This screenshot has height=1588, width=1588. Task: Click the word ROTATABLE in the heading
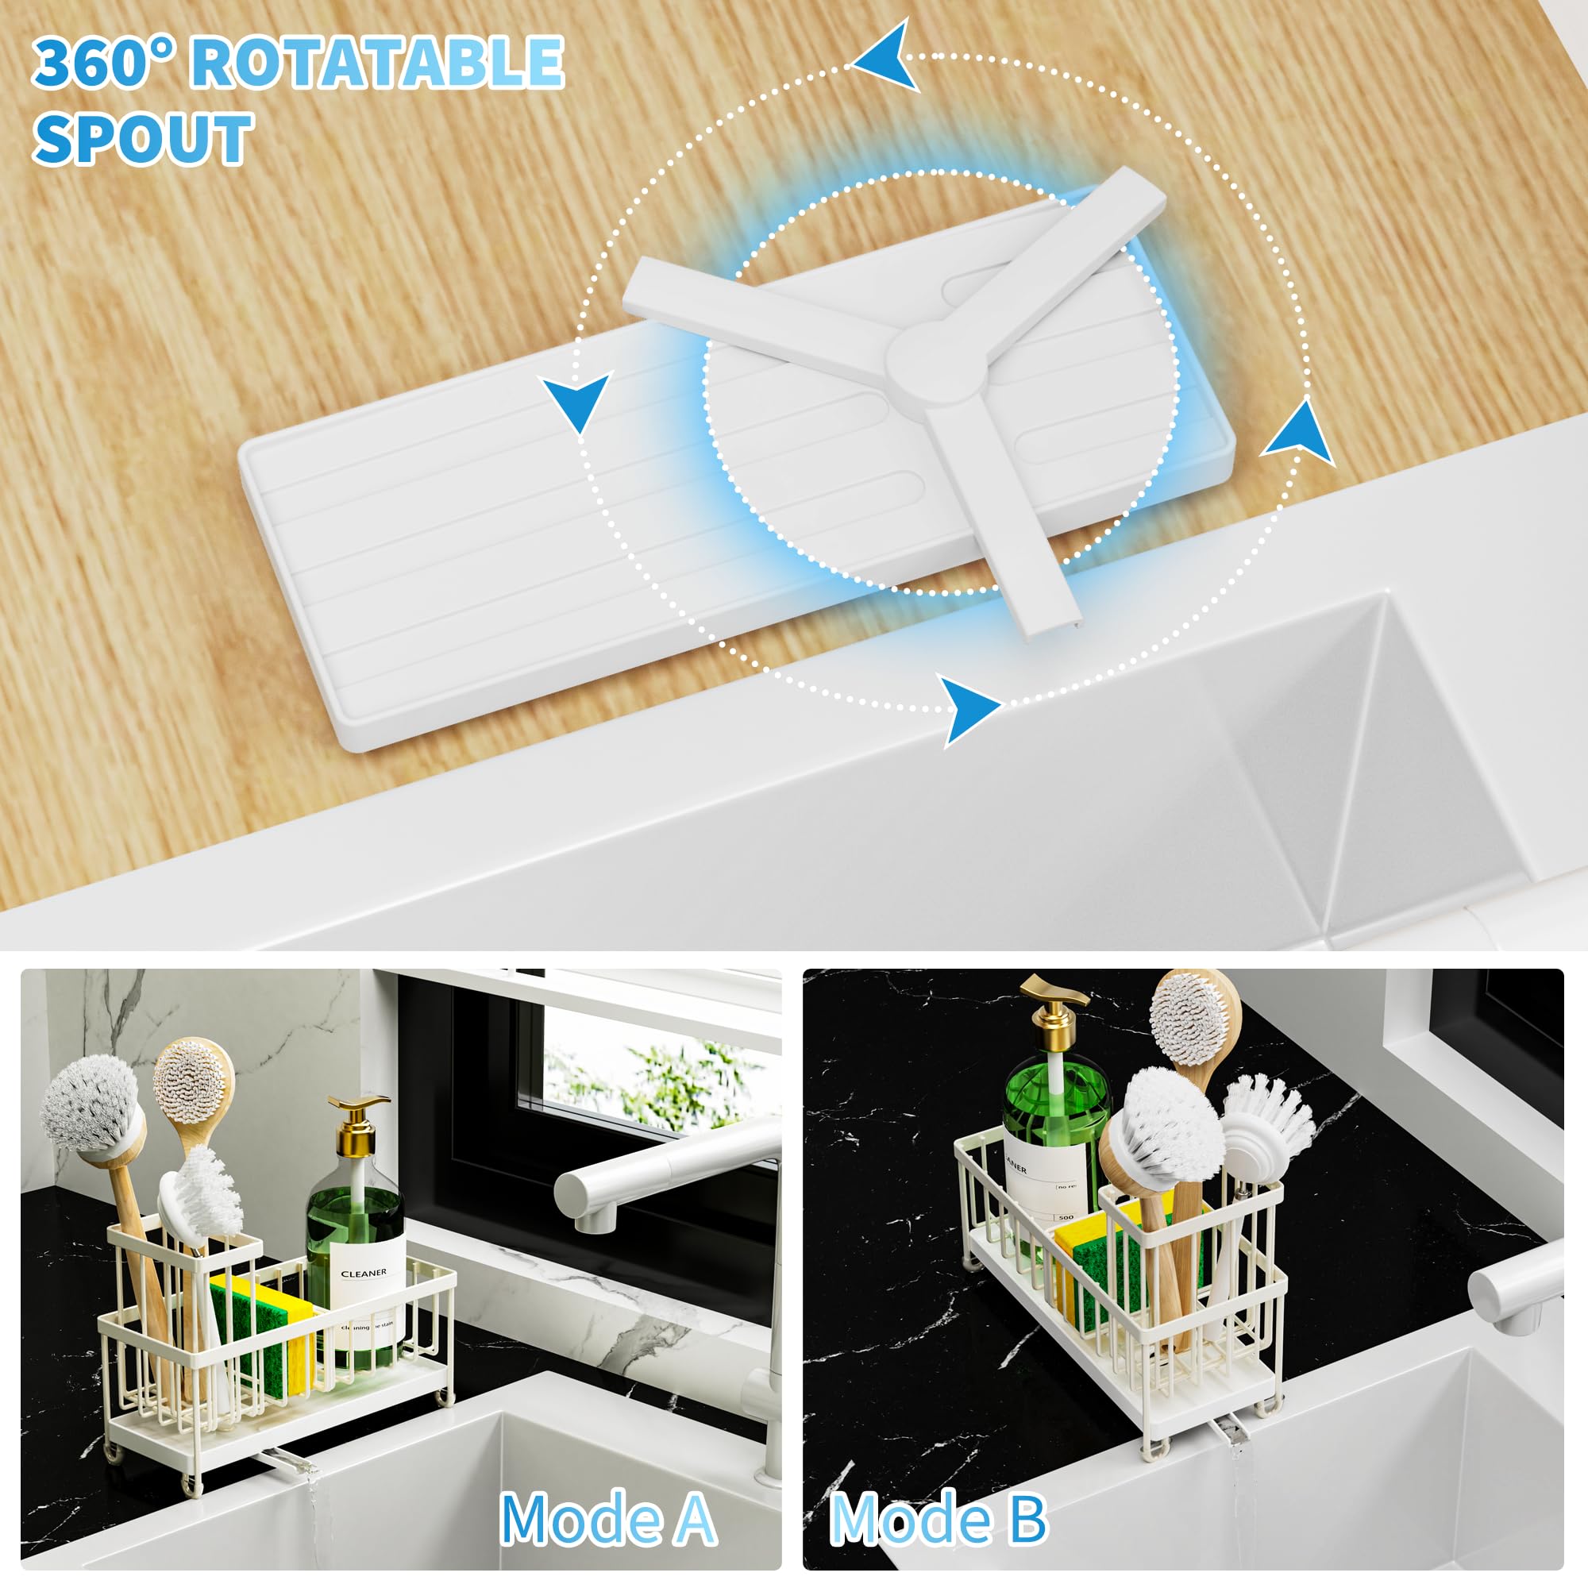[x=376, y=63]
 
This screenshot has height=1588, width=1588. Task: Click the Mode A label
[x=607, y=1520]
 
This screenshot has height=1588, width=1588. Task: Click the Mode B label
[x=938, y=1520]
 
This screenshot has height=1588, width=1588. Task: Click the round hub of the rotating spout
[x=936, y=360]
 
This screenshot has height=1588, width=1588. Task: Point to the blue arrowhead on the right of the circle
[x=1300, y=434]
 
